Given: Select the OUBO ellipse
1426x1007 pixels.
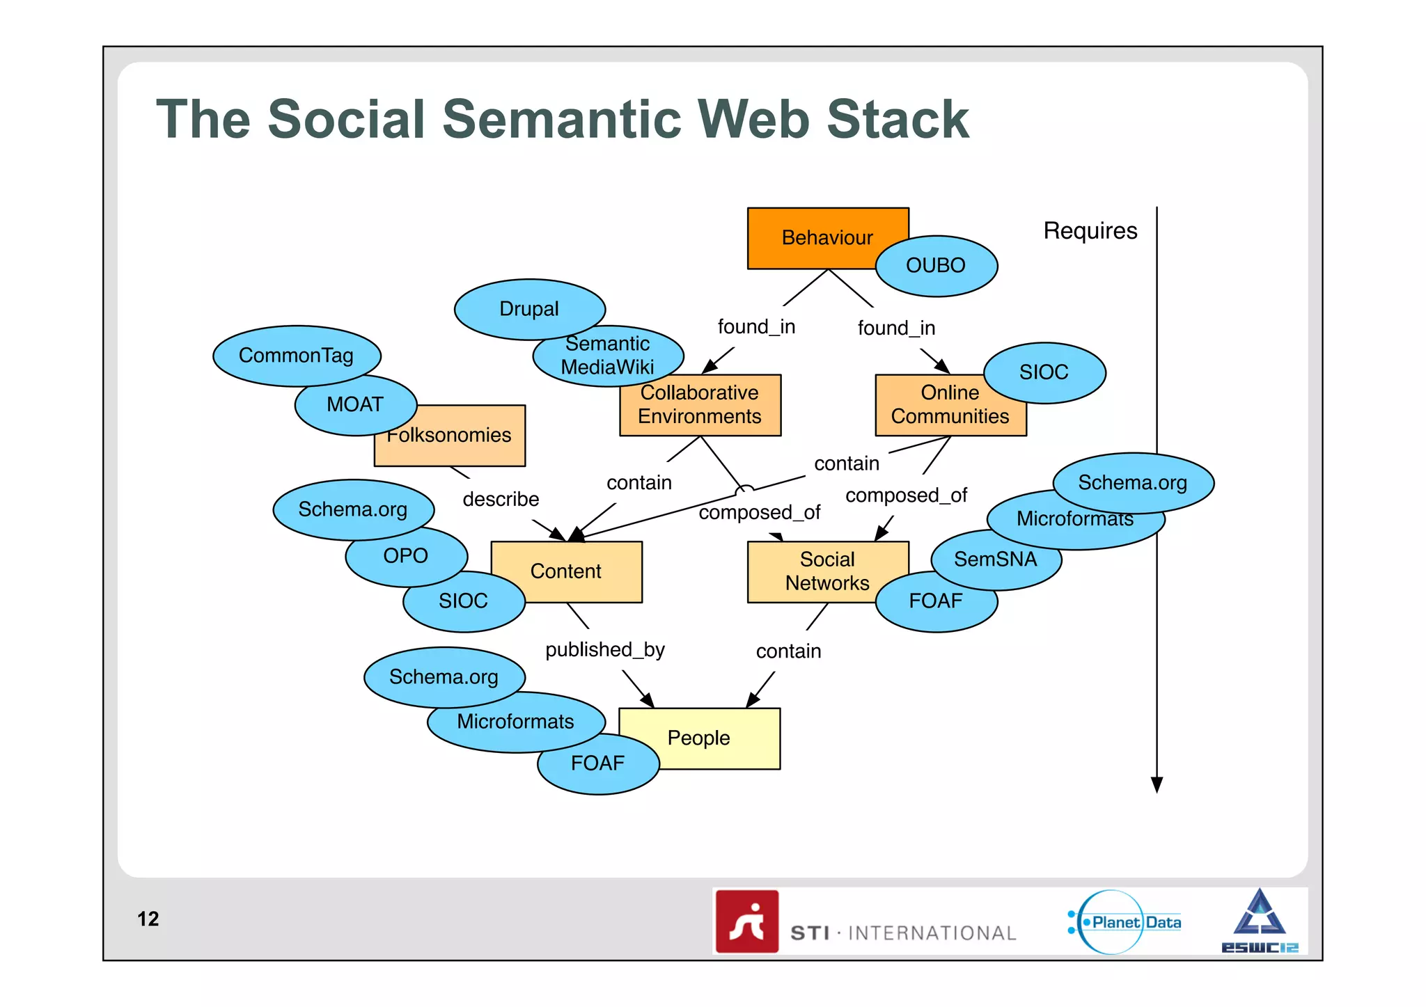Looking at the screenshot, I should tap(936, 266).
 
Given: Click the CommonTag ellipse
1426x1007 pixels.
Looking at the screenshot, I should tap(297, 356).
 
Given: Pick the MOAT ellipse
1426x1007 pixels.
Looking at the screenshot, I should tap(355, 404).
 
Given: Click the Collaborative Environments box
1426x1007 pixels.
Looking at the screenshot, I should tap(700, 411).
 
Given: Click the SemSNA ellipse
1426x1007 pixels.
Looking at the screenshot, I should tap(996, 560).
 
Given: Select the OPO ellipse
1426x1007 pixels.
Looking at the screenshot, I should tap(405, 556).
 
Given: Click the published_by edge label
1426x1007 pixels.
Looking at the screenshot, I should tap(604, 650).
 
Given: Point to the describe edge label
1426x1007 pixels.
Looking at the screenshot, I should tap(501, 500).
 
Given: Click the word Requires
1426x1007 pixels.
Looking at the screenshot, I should tap(1090, 231).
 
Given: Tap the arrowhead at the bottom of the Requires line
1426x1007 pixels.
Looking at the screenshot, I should tap(1157, 784).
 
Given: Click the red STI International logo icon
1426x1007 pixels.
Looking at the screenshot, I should tap(747, 921).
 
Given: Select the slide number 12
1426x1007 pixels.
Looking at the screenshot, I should tap(148, 919).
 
